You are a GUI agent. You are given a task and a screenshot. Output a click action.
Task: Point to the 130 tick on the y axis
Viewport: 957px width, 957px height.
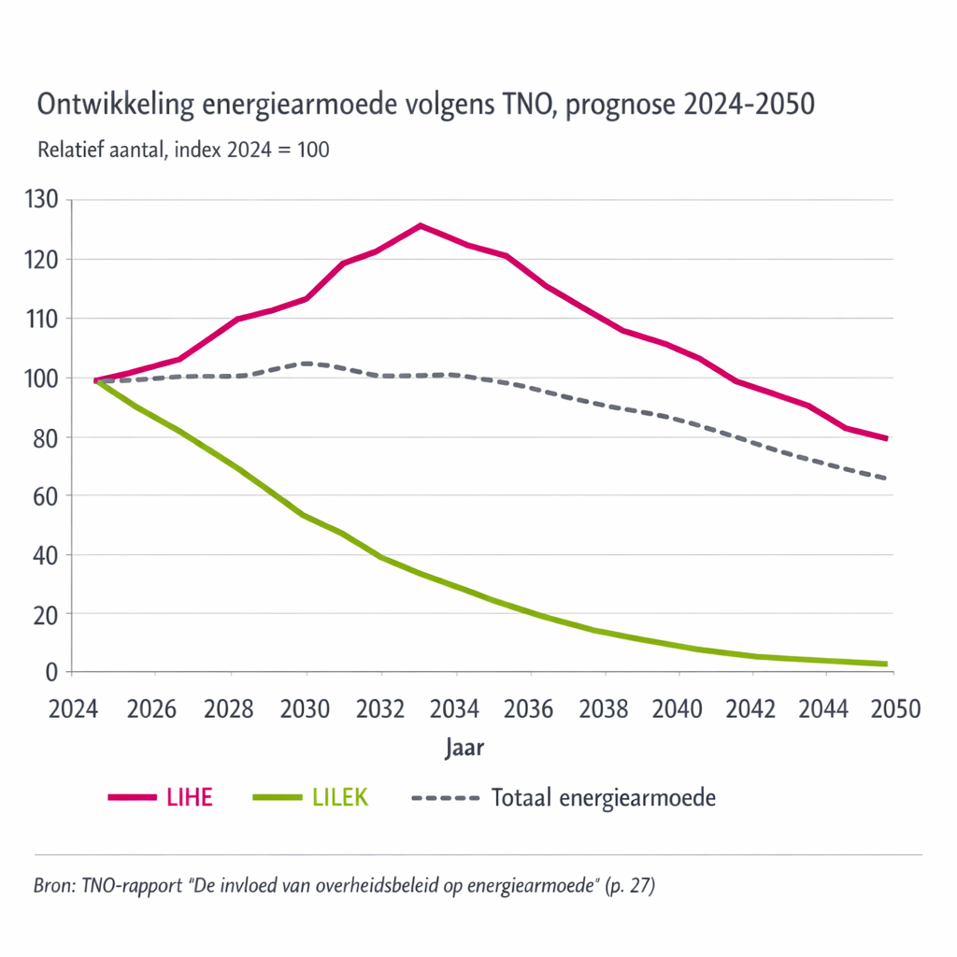pyautogui.click(x=44, y=200)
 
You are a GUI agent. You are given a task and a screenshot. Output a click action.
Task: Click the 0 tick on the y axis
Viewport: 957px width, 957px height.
pyautogui.click(x=52, y=672)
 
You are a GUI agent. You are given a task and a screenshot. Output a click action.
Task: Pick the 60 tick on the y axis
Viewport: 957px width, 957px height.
pyautogui.click(x=48, y=496)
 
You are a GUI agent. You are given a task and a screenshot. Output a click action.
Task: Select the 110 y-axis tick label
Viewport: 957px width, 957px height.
pyautogui.click(x=44, y=319)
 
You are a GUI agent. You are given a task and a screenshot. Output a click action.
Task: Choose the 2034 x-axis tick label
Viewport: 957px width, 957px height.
pyautogui.click(x=456, y=707)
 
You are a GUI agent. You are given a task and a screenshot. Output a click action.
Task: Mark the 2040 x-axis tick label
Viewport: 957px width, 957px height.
pyautogui.click(x=678, y=707)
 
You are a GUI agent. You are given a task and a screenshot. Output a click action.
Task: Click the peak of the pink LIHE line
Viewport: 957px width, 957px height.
pyautogui.click(x=421, y=225)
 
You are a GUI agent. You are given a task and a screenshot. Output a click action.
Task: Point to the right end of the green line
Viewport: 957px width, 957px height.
pyautogui.click(x=886, y=664)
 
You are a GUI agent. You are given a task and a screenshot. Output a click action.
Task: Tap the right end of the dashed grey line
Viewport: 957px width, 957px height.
pyautogui.click(x=886, y=478)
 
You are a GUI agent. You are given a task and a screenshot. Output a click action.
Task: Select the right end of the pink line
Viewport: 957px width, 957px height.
pyautogui.click(x=886, y=438)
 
